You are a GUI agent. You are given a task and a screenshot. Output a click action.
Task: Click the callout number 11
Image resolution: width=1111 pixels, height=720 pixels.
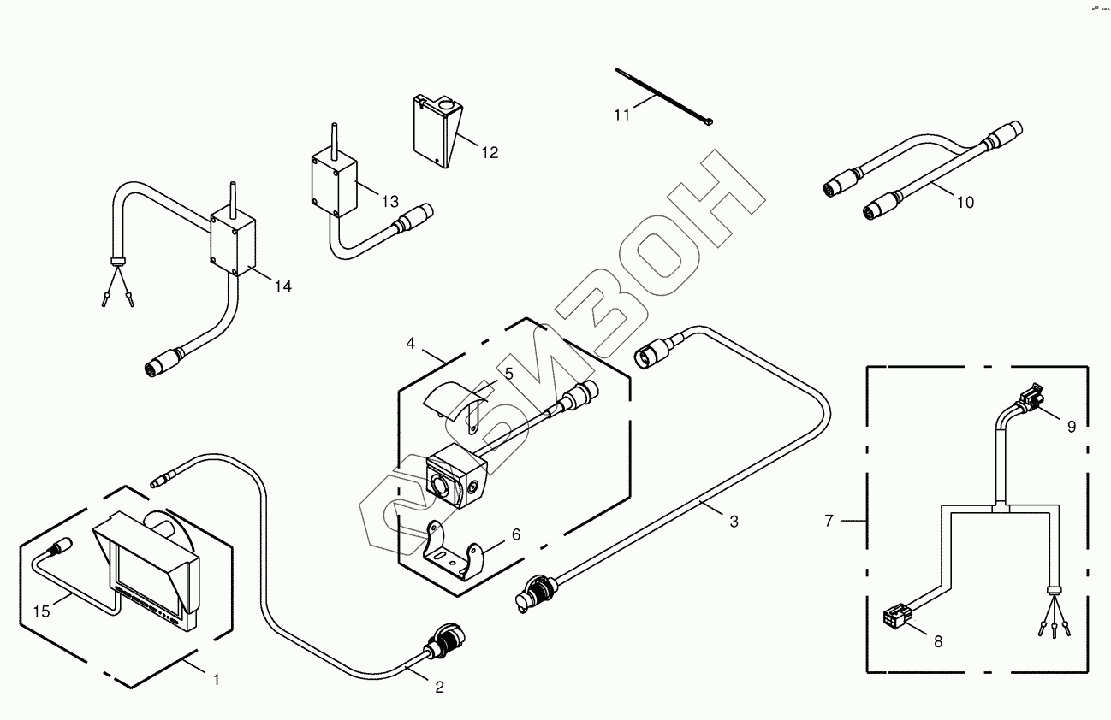click(621, 115)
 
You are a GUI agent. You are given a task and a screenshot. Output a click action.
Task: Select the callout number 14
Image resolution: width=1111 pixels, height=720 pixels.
click(282, 286)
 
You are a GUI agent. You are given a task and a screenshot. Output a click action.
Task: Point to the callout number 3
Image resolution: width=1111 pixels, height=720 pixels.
click(733, 521)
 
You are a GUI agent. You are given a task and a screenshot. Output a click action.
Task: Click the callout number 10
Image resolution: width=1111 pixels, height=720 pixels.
click(965, 203)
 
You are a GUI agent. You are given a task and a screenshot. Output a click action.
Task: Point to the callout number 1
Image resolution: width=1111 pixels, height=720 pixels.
click(216, 680)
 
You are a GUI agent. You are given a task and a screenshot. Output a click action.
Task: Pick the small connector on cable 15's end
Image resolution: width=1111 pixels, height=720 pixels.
click(62, 545)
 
